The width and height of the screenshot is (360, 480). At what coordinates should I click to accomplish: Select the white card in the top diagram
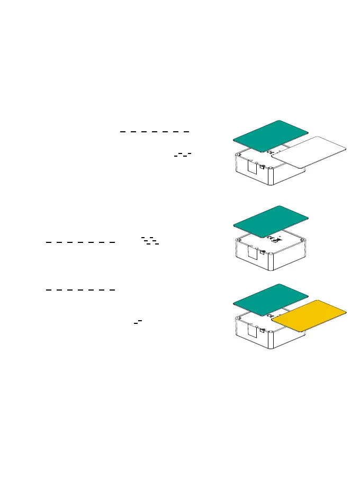[309, 152]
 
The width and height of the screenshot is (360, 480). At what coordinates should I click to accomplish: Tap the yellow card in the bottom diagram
[309, 316]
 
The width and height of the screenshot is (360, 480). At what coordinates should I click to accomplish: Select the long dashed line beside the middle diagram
[80, 242]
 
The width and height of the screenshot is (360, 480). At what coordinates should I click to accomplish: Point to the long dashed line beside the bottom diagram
[80, 290]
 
